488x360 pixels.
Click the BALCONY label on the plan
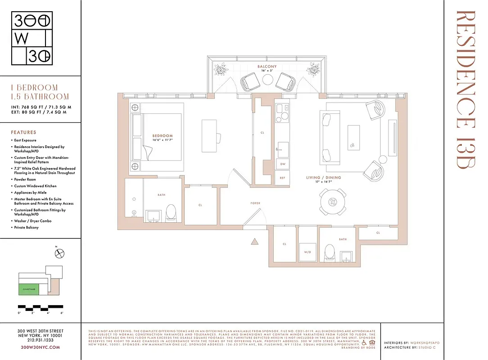pyautogui.click(x=267, y=67)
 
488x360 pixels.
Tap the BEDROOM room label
pyautogui.click(x=163, y=136)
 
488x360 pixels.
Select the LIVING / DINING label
pyautogui.click(x=323, y=178)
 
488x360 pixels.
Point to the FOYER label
pyautogui.click(x=255, y=203)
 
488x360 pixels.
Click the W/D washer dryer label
pyautogui.click(x=308, y=252)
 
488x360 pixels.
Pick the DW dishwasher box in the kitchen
pyautogui.click(x=282, y=165)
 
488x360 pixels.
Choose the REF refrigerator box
pyautogui.click(x=282, y=178)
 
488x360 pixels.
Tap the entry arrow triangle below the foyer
pyautogui.click(x=254, y=242)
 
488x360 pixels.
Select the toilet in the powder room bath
pyautogui.click(x=330, y=253)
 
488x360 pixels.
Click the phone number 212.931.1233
pyautogui.click(x=41, y=341)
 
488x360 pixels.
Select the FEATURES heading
pyautogui.click(x=23, y=132)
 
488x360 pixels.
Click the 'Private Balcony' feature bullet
pyautogui.click(x=27, y=228)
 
